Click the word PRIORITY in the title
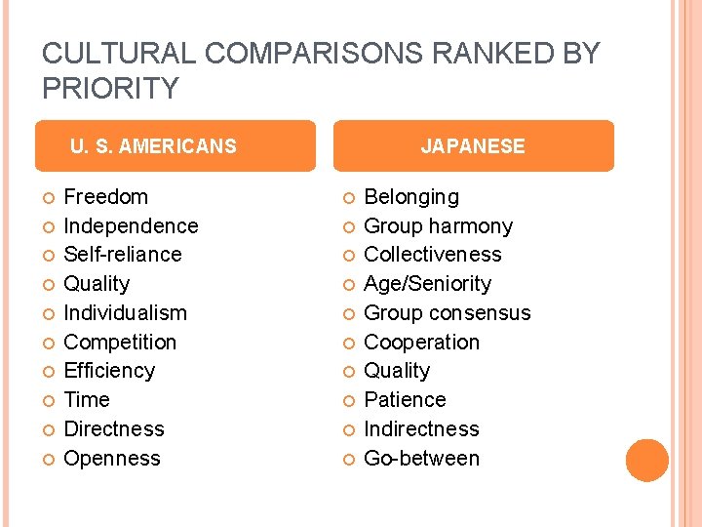[x=111, y=89]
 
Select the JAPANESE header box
[x=473, y=146]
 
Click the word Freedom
[x=105, y=197]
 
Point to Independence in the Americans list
[x=131, y=226]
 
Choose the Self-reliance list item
[x=123, y=255]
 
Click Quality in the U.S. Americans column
[x=97, y=284]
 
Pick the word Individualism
[x=125, y=313]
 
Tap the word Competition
[x=120, y=343]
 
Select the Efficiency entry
[x=109, y=371]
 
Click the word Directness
[x=114, y=429]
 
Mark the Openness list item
[x=112, y=459]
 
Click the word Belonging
[x=410, y=197]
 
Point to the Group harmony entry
[x=438, y=226]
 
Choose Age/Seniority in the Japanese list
[x=427, y=284]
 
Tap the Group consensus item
[x=447, y=313]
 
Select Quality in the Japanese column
[x=397, y=371]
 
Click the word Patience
[x=405, y=400]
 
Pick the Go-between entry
[x=421, y=459]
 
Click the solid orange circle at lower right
[x=647, y=461]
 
